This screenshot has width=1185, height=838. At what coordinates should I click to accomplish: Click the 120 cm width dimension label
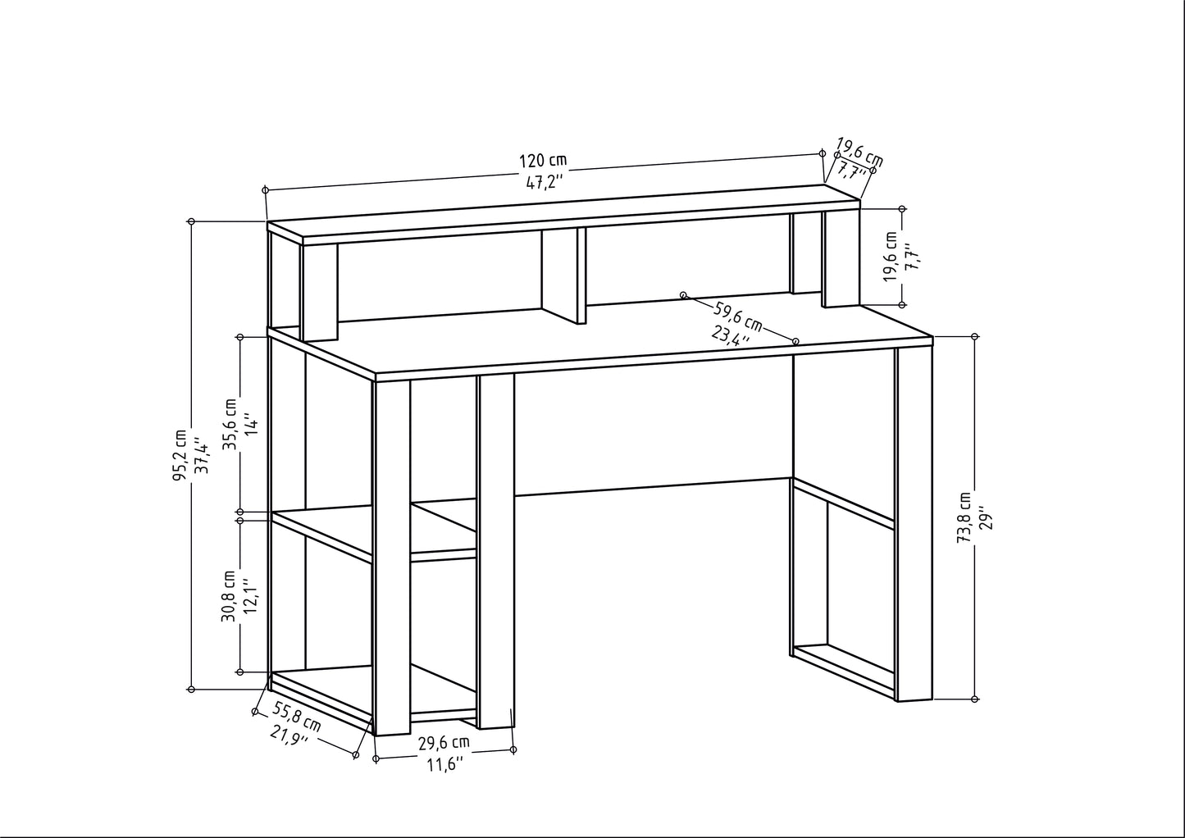[543, 160]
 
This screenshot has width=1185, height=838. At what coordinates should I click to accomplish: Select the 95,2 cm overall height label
[180, 455]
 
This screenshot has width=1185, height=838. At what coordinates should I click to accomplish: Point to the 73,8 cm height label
[964, 517]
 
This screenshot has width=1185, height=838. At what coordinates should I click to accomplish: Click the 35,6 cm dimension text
[230, 424]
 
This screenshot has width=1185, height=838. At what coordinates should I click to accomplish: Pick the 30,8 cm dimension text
[229, 596]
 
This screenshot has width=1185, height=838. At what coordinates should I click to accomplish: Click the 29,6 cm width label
[444, 743]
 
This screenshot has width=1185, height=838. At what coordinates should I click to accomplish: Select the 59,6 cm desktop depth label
[738, 317]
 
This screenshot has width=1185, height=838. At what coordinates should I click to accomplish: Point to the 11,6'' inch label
[445, 765]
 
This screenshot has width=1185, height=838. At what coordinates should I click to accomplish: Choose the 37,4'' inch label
[202, 455]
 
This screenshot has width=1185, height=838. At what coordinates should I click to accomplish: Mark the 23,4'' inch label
[730, 336]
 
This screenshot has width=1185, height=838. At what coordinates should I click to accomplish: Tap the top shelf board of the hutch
[564, 215]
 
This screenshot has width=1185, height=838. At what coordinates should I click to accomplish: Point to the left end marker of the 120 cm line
[266, 190]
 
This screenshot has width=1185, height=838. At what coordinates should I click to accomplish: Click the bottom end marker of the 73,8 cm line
[976, 699]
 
